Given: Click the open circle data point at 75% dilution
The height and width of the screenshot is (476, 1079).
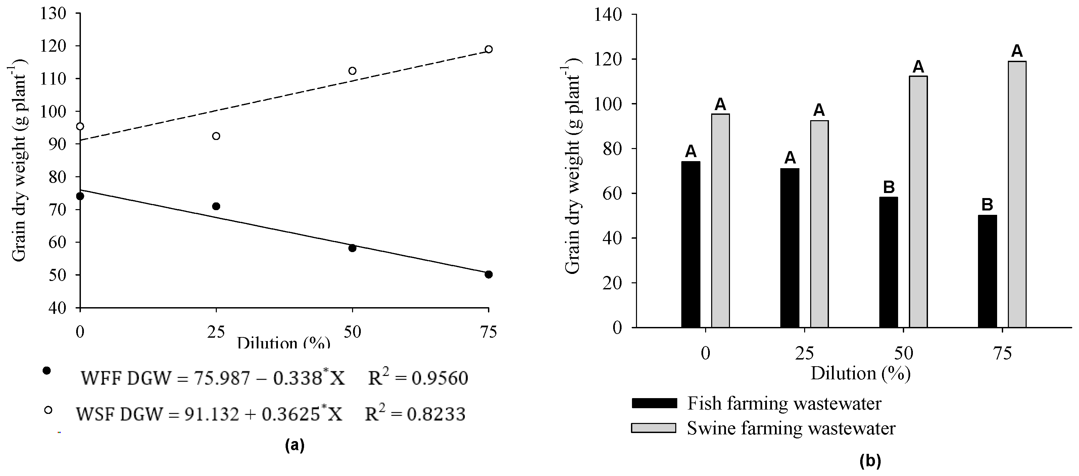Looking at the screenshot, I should click(x=488, y=49).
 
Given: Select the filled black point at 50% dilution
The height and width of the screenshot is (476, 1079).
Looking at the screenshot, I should click(x=352, y=248).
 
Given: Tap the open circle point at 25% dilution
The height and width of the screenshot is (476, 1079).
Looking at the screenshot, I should click(x=216, y=136).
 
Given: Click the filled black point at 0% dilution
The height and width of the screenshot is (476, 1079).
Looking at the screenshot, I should click(x=80, y=196).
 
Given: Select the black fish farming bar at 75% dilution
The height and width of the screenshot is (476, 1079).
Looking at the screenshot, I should click(x=987, y=271).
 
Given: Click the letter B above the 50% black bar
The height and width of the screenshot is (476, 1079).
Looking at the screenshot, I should click(x=889, y=187).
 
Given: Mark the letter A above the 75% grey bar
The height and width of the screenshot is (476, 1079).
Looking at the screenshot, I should click(x=1017, y=51).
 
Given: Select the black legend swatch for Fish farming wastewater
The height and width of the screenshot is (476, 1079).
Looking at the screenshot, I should click(x=654, y=403).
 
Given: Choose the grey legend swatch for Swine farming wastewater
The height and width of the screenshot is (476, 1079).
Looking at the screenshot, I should click(x=654, y=428).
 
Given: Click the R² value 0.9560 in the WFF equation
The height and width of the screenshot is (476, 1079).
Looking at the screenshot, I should click(x=439, y=378).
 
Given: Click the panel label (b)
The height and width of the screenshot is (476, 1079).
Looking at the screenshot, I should click(x=870, y=461).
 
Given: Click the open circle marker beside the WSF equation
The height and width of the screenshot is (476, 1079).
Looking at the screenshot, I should click(x=48, y=410).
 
